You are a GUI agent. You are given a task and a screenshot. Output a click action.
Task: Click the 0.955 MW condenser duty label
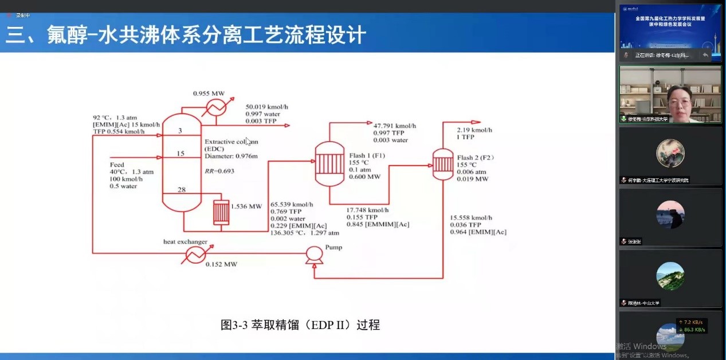[x=209, y=93]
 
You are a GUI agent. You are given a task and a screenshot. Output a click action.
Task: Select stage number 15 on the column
[x=180, y=154]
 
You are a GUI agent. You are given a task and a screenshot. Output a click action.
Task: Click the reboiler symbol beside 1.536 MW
[x=221, y=212]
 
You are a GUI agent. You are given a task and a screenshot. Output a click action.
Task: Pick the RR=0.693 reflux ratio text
[x=219, y=171]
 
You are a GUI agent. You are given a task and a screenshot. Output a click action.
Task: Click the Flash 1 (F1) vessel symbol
[x=329, y=161]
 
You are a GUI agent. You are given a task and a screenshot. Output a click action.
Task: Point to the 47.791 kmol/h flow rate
[x=395, y=126]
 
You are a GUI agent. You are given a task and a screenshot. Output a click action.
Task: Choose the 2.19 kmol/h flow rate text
[x=474, y=130]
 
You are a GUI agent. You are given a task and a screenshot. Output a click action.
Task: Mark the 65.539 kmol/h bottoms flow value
[x=292, y=205]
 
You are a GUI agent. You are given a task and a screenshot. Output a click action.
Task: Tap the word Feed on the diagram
[x=117, y=165]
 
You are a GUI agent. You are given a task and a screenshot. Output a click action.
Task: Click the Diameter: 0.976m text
[x=231, y=156]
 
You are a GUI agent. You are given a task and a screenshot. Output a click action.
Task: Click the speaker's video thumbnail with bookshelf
[x=670, y=94]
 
